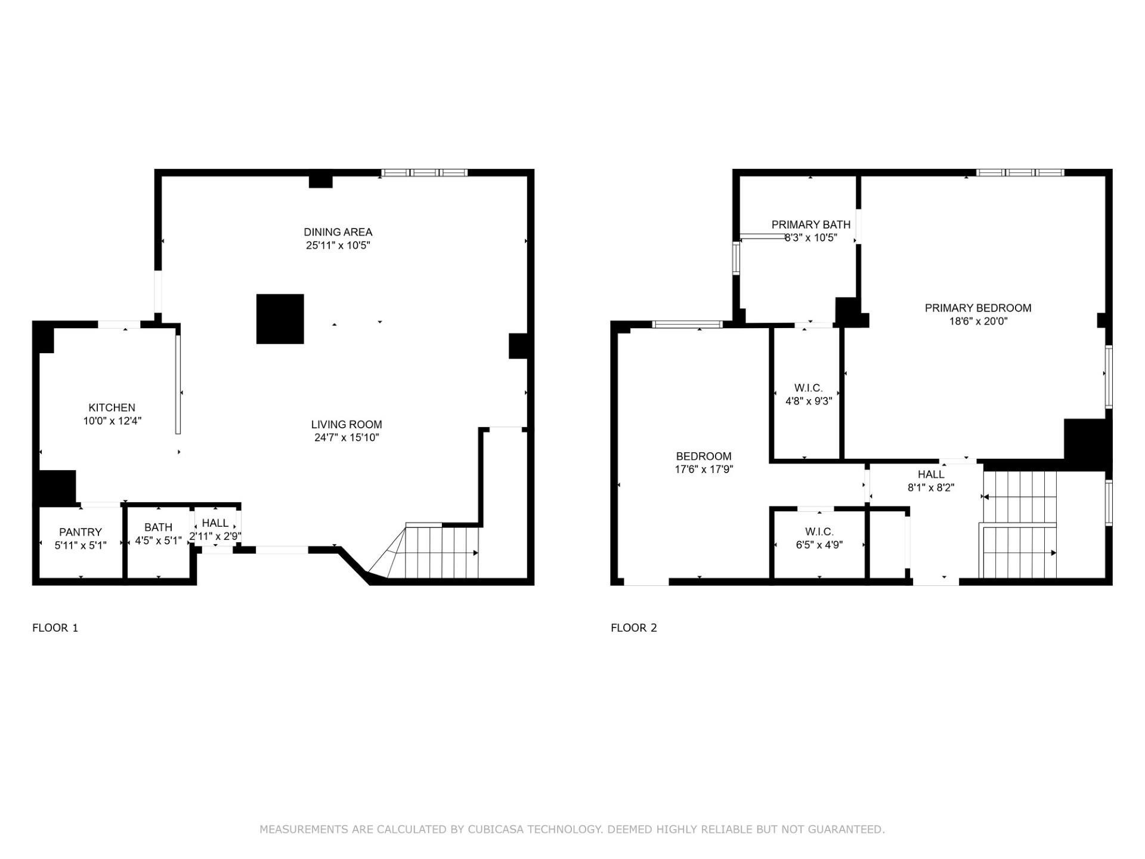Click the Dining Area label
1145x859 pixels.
coord(338,232)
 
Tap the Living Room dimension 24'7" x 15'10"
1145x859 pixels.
coord(346,438)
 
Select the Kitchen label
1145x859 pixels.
coord(112,407)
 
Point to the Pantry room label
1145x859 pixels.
coord(81,532)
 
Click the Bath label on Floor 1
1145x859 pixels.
coord(158,527)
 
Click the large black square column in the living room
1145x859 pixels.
coord(280,319)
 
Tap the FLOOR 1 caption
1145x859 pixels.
coord(55,628)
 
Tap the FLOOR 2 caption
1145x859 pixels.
coord(633,628)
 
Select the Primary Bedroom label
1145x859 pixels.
coord(977,308)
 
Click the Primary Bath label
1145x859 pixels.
coord(810,225)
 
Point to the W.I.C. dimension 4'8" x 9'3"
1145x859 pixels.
coord(809,401)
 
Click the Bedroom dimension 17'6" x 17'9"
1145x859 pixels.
coord(704,469)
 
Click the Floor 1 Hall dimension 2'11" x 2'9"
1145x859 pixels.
coord(215,536)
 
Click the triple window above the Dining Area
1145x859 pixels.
coord(424,173)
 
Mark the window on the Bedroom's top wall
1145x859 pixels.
coord(687,325)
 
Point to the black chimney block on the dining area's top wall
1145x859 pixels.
coord(320,180)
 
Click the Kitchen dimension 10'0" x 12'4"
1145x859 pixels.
coord(112,421)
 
